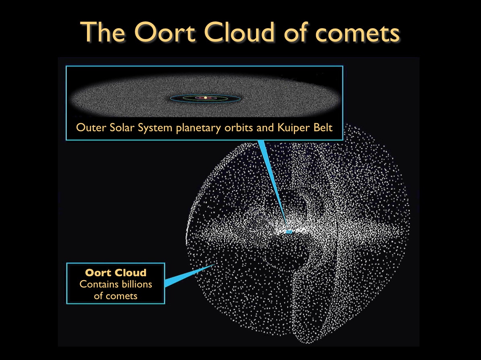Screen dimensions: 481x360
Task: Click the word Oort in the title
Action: point(165,32)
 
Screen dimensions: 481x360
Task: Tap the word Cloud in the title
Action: point(239,31)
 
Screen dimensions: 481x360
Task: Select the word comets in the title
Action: point(357,33)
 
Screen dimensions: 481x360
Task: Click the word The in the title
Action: point(103,32)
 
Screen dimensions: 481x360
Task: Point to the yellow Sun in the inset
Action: point(205,97)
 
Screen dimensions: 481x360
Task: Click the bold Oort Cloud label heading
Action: point(116,273)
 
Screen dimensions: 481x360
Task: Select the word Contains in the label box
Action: point(95,284)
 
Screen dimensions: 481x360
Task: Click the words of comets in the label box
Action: point(116,296)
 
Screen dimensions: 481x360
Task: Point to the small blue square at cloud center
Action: point(289,232)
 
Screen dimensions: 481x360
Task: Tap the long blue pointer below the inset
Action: point(273,185)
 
